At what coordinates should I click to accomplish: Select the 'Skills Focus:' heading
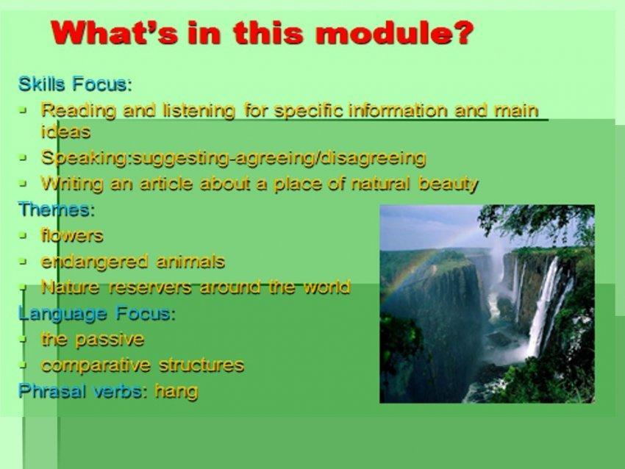click(75, 84)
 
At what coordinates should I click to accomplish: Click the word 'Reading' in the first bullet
click(79, 111)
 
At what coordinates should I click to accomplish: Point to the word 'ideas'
click(65, 132)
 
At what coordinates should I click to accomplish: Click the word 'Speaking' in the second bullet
click(84, 158)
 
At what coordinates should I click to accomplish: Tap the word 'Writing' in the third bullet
click(72, 184)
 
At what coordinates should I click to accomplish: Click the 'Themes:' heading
click(57, 210)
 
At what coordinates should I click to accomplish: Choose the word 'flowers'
click(72, 235)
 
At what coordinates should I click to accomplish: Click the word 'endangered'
click(94, 262)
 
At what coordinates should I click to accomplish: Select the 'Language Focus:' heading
click(97, 314)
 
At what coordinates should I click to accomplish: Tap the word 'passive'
click(110, 340)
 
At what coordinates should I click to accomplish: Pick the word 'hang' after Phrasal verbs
click(176, 391)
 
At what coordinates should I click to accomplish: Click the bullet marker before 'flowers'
click(24, 235)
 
